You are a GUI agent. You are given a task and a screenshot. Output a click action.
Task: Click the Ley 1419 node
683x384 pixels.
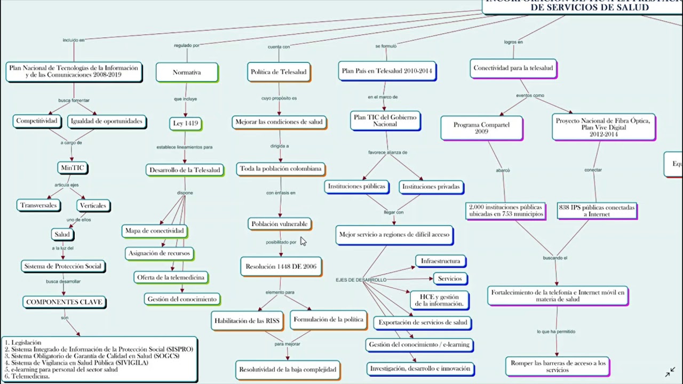[185, 123]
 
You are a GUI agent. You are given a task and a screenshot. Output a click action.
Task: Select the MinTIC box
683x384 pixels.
[73, 167]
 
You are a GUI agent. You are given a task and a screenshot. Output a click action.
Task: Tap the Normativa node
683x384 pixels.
[187, 72]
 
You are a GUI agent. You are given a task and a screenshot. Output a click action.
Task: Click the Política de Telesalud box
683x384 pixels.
[279, 71]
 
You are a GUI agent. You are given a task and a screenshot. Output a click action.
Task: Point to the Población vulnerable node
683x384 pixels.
[279, 224]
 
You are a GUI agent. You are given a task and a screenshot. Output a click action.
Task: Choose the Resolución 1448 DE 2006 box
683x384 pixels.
[281, 266]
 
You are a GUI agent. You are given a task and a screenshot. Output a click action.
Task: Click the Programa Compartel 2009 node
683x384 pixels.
[481, 128]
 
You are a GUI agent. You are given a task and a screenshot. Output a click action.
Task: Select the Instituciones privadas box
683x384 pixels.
[431, 187]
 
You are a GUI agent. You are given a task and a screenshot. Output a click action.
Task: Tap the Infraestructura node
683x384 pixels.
[440, 261]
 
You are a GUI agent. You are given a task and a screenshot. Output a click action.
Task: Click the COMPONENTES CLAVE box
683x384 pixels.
[65, 302]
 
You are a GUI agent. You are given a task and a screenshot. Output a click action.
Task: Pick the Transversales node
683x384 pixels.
[38, 205]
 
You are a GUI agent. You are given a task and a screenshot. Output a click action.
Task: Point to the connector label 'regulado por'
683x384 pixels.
[187, 45]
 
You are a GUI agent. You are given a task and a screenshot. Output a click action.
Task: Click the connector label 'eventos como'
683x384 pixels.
[530, 95]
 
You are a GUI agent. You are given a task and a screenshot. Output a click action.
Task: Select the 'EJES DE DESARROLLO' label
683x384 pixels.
[361, 280]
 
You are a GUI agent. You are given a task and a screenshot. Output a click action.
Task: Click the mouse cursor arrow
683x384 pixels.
[303, 242]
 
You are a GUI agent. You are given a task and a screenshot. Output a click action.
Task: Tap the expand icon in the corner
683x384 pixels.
[670, 372]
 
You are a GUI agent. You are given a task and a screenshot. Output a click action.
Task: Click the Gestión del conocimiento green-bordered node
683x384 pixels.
[181, 299]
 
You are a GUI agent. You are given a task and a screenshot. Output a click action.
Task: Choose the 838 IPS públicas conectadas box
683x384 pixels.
[597, 211]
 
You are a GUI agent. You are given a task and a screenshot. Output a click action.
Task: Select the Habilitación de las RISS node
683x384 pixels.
[247, 321]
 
